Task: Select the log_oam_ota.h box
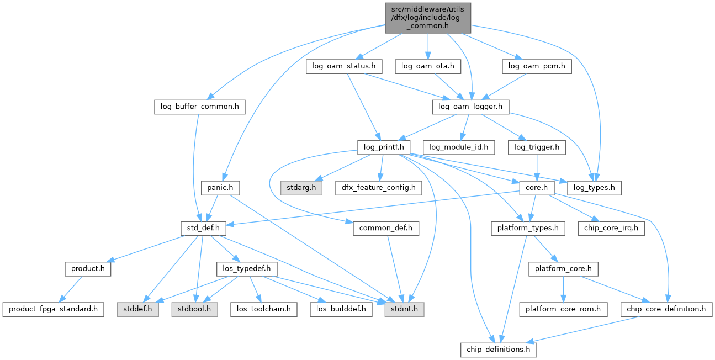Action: coord(428,66)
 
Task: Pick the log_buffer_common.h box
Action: coord(199,107)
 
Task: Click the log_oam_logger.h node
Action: coord(470,107)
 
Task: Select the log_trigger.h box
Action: coord(537,147)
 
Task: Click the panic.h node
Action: coord(220,188)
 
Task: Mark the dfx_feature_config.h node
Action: coord(379,188)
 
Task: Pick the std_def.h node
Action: coord(200,228)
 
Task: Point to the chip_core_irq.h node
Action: coord(611,228)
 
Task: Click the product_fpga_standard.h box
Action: coord(54,309)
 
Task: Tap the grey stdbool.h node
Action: coord(193,309)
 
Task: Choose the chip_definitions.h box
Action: coord(499,350)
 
